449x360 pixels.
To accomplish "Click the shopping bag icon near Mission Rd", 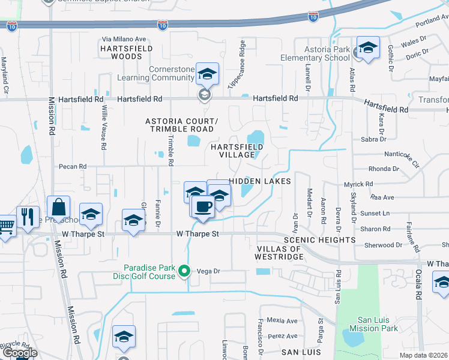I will tap(59, 208).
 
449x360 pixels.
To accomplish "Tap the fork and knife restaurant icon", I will tap(28, 217).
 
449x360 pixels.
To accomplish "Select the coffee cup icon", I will tap(204, 206).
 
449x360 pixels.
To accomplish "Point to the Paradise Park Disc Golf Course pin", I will tap(185, 271).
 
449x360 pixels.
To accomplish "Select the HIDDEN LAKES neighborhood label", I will tap(260, 181).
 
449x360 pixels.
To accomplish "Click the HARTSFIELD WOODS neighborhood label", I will tap(126, 52).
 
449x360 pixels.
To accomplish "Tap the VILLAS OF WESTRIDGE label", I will tap(280, 253).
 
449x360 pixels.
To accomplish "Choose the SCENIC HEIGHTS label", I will tap(322, 240).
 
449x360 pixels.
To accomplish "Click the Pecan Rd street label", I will tap(73, 166).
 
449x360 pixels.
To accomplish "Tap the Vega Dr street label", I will tap(209, 271).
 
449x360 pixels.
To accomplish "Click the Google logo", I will tap(19, 353).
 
